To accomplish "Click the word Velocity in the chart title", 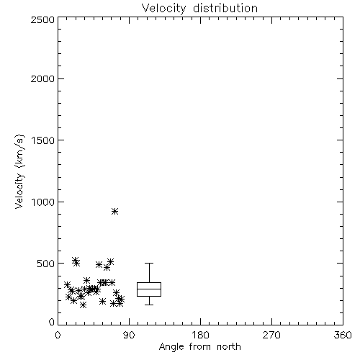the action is coord(163,9).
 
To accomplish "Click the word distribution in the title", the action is coord(225,8).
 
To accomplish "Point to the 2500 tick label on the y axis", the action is coord(42,19).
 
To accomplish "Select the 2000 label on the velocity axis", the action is coord(42,78).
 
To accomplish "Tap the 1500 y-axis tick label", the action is coord(43,140).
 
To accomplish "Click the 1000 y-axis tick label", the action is coord(43,202).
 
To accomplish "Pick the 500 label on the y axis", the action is coord(46,264).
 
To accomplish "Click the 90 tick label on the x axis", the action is coord(129,335).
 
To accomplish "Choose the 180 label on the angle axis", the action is coord(200,335).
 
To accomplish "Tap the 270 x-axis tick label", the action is coord(271,335).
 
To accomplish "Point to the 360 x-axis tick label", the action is coord(343,335).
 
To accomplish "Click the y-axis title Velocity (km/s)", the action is coord(19,171).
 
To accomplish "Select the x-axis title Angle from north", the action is coord(199,347).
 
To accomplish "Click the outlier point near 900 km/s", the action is coord(114,211).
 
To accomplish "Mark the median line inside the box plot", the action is coord(149,289).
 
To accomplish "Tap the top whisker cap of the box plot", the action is coord(149,263).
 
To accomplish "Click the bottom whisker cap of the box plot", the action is coord(149,305).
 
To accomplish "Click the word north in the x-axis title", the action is coord(229,346).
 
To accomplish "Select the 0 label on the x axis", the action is coord(58,335).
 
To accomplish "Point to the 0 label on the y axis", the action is coord(52,322).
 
